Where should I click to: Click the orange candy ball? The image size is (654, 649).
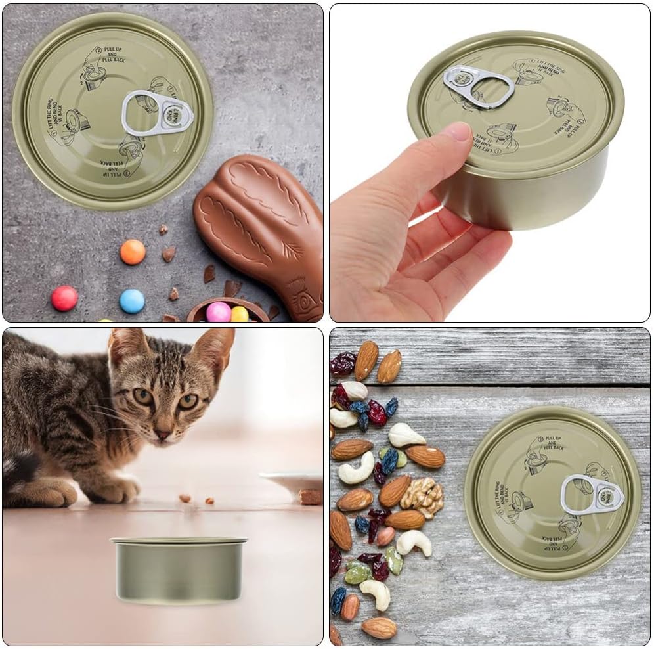[x=133, y=252]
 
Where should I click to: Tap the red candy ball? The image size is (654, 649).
[x=64, y=298]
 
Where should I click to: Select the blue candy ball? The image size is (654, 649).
[x=132, y=301]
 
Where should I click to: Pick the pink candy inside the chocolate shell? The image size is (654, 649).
[x=219, y=311]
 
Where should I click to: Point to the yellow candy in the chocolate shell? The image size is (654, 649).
[x=240, y=314]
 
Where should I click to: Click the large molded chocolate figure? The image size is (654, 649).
[x=263, y=230]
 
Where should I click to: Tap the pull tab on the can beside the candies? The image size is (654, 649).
[x=158, y=113]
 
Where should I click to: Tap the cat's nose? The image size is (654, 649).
[x=162, y=434]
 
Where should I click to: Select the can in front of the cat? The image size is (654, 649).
[x=179, y=570]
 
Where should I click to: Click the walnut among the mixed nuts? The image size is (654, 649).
[x=422, y=496]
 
